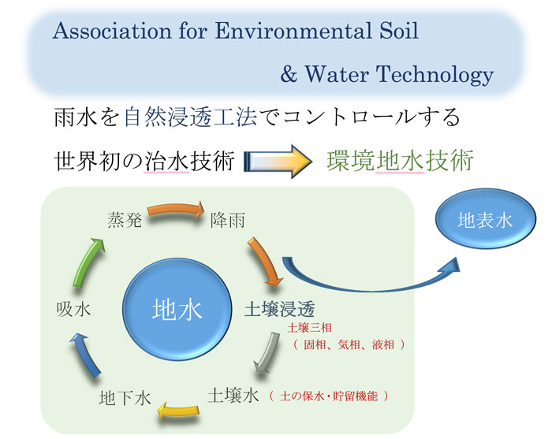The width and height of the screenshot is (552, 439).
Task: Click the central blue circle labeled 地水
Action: [177, 310]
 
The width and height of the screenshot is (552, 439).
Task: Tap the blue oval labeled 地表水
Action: [486, 219]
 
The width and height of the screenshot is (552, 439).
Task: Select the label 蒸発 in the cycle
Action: [125, 220]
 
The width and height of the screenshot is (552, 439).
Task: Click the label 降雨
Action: [227, 220]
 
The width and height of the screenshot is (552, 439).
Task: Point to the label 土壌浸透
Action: [279, 310]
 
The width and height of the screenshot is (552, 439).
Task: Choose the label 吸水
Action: [73, 310]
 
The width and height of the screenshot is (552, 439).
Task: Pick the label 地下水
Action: [125, 398]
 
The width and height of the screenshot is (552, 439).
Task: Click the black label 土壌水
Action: [233, 396]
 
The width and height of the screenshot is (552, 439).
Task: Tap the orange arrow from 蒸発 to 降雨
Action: [176, 210]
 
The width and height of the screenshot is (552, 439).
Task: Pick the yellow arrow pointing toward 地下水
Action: [178, 411]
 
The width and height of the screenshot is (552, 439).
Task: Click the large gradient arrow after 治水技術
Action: [278, 162]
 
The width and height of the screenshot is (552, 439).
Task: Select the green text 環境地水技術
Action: [401, 161]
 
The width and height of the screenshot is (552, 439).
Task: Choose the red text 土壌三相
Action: [309, 328]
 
